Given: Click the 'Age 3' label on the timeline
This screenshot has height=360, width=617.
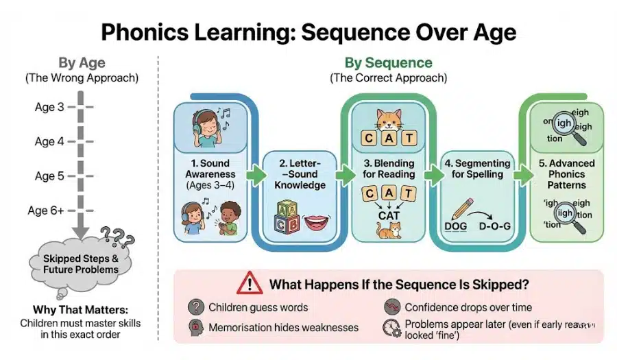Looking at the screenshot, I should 49,107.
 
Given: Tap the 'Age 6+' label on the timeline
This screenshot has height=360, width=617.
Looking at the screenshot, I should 49,211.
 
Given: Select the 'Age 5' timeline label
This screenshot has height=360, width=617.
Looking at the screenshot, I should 49,176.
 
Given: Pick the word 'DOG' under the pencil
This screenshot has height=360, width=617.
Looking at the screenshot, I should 456,227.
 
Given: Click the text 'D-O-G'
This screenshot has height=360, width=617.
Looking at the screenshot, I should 495,227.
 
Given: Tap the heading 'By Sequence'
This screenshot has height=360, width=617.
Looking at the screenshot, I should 388,63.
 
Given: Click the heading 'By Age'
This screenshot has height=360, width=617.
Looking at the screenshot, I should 82,63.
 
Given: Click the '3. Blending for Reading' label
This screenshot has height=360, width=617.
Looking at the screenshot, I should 389,169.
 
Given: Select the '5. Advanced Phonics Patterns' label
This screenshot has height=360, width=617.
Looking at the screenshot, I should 566,174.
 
